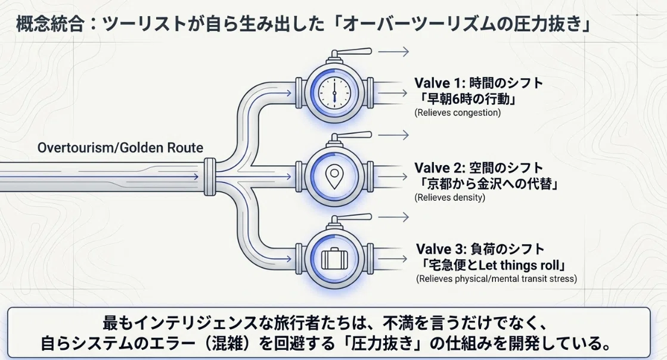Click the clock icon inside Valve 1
[x=334, y=92]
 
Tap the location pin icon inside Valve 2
[x=334, y=176]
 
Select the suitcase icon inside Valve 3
[x=334, y=258]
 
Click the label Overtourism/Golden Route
[x=120, y=148]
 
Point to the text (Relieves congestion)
[x=457, y=113]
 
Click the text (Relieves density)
[x=449, y=197]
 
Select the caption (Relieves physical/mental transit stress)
[x=497, y=279]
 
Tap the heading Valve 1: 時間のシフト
[x=479, y=83]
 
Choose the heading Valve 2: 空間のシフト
[x=479, y=167]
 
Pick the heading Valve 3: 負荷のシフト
[x=480, y=249]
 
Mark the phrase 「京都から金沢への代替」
[x=488, y=184]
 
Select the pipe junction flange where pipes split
[x=210, y=176]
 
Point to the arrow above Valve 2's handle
[x=393, y=135]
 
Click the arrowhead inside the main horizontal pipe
[x=196, y=176]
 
